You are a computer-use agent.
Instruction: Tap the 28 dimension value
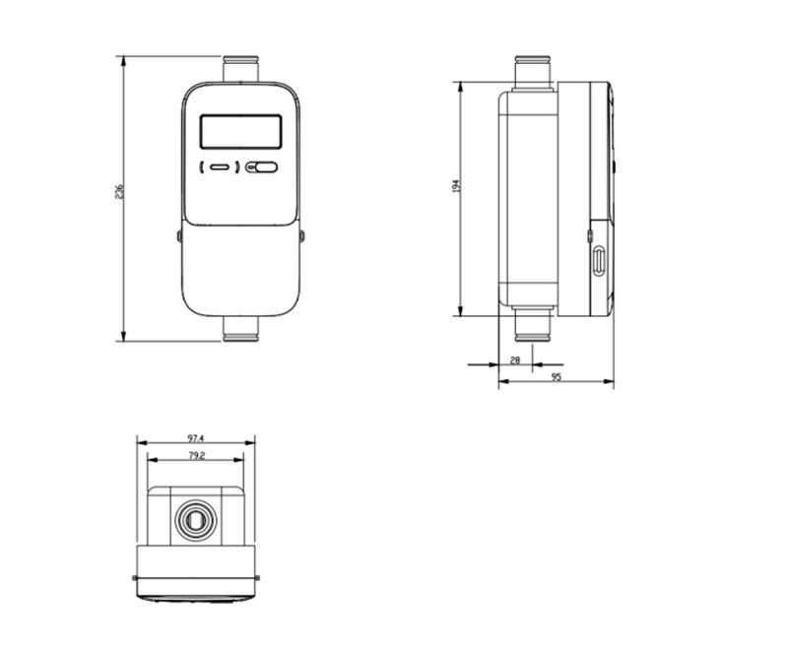[514, 360]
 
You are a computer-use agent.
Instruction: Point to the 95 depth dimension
[556, 377]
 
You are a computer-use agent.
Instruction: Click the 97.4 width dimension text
[195, 437]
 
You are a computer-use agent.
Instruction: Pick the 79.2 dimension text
[195, 455]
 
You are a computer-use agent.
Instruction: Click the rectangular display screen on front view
[240, 131]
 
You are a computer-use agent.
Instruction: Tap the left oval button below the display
[219, 167]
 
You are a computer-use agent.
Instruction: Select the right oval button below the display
[263, 167]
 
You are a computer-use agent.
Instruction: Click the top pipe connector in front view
[240, 70]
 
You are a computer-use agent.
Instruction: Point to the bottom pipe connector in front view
[240, 330]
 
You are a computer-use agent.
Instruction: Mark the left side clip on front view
[179, 236]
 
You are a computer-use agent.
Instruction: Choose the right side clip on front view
[301, 236]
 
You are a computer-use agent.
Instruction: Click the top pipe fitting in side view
[533, 73]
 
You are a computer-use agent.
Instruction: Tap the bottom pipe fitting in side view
[533, 326]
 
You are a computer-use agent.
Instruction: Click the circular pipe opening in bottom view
[195, 518]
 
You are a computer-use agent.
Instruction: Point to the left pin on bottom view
[134, 577]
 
